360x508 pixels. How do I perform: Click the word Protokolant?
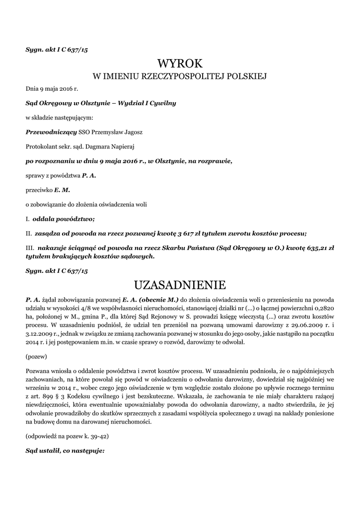click(x=42, y=146)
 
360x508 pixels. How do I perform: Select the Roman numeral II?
click(x=29, y=234)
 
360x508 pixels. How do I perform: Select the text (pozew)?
click(x=36, y=357)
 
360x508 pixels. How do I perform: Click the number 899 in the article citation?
click(x=51, y=398)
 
